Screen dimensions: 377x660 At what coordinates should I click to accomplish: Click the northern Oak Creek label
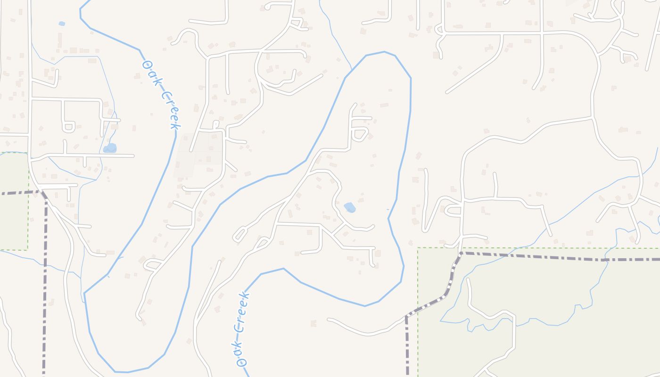tap(162, 95)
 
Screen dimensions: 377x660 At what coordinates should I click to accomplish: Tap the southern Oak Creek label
tap(241, 329)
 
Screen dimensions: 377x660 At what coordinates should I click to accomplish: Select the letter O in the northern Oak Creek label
tap(146, 63)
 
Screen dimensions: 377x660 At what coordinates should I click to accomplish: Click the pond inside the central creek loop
tap(350, 207)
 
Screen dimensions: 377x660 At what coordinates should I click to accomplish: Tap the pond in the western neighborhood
tap(110, 148)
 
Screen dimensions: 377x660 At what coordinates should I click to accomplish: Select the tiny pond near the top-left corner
tap(62, 24)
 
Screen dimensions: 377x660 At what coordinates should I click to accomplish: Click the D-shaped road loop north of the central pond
tap(360, 134)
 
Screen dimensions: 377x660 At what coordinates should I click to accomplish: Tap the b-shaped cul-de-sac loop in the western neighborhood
tap(68, 126)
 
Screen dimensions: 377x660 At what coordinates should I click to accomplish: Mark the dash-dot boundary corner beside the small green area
tap(41, 191)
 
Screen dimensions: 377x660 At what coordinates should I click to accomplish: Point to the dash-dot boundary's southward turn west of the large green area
tap(406, 316)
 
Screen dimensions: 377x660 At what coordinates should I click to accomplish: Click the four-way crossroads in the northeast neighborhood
tap(542, 33)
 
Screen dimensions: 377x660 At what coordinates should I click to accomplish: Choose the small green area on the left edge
tap(13, 200)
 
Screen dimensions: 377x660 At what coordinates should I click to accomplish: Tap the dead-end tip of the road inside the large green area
tap(468, 279)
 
